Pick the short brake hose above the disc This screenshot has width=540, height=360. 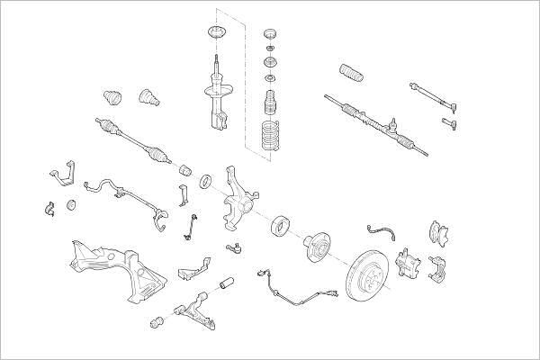pyautogui.click(x=382, y=229)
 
